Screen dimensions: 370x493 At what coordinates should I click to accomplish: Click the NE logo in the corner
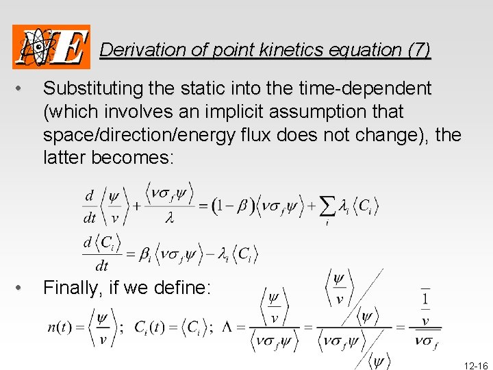pyautogui.click(x=51, y=47)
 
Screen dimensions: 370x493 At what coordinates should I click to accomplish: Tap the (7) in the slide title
pyautogui.click(x=417, y=50)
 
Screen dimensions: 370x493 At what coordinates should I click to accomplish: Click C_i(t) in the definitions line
pyautogui.click(x=151, y=328)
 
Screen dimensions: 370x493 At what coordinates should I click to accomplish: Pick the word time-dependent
pyautogui.click(x=362, y=88)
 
